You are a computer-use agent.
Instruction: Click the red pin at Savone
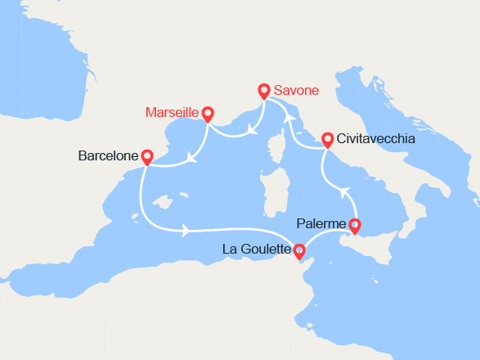[263, 91]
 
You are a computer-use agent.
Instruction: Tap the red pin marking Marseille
[208, 114]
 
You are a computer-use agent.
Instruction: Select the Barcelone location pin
[147, 155]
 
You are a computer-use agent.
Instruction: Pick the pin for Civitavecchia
[327, 139]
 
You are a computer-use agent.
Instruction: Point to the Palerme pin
[354, 226]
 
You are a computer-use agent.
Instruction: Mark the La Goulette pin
[299, 250]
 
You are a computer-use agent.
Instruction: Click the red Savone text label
[296, 91]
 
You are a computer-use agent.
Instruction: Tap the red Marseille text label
[172, 112]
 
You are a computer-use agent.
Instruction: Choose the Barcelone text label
[108, 155]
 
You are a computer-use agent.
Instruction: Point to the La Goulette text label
[257, 250]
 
